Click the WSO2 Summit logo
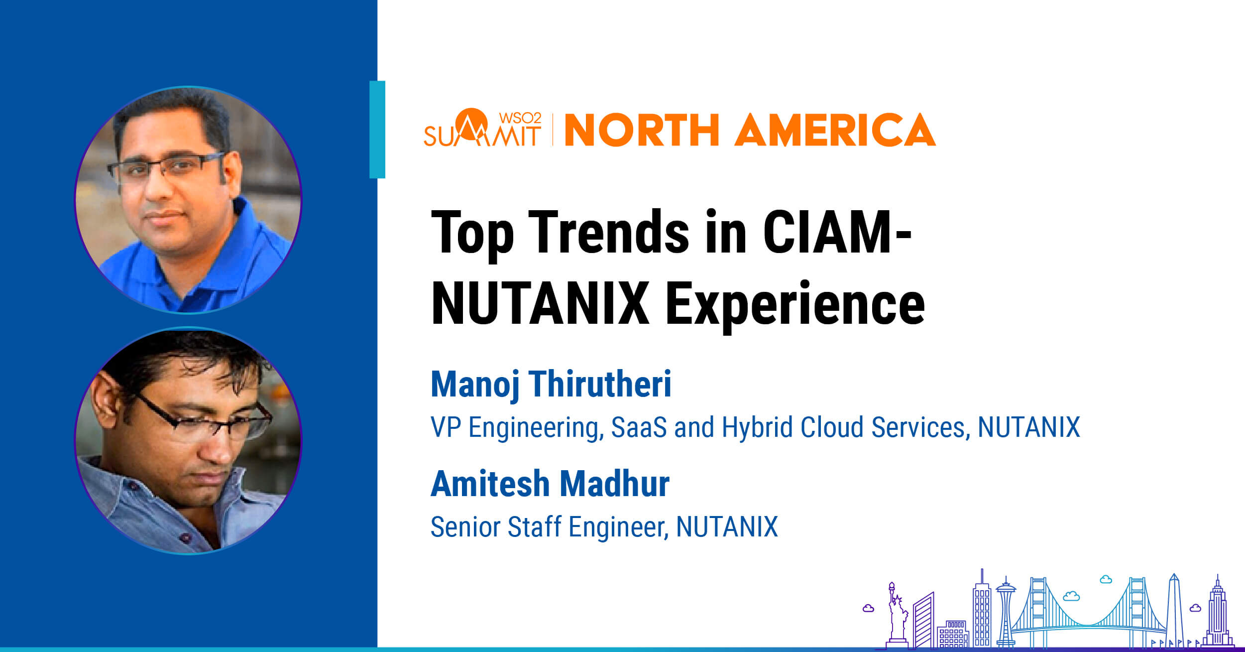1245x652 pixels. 482,128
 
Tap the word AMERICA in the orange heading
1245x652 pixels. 835,130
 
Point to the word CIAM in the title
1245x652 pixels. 827,232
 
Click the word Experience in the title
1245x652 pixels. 795,304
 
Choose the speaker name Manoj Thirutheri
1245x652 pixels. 551,385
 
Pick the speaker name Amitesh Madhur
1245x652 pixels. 550,484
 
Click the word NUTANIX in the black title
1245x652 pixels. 540,303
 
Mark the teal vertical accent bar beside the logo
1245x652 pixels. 377,130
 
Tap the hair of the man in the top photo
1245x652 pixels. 169,112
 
